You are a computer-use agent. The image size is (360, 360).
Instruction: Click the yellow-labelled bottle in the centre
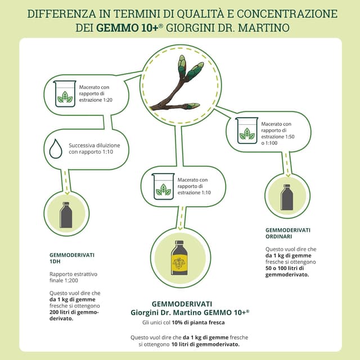point(179,259)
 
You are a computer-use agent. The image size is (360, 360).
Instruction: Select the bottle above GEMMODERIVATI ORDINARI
point(286,197)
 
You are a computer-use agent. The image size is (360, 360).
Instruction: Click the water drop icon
point(55,149)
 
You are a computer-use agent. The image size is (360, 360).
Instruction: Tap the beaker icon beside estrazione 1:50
point(247,130)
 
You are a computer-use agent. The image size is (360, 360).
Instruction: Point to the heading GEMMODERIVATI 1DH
point(72,258)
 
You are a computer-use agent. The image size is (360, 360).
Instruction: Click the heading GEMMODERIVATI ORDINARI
point(287,233)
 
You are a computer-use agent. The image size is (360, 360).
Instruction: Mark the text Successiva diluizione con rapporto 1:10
point(94,148)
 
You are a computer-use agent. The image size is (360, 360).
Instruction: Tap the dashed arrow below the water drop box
point(68,179)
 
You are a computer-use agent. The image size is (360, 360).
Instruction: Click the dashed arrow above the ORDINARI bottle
point(287,163)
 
